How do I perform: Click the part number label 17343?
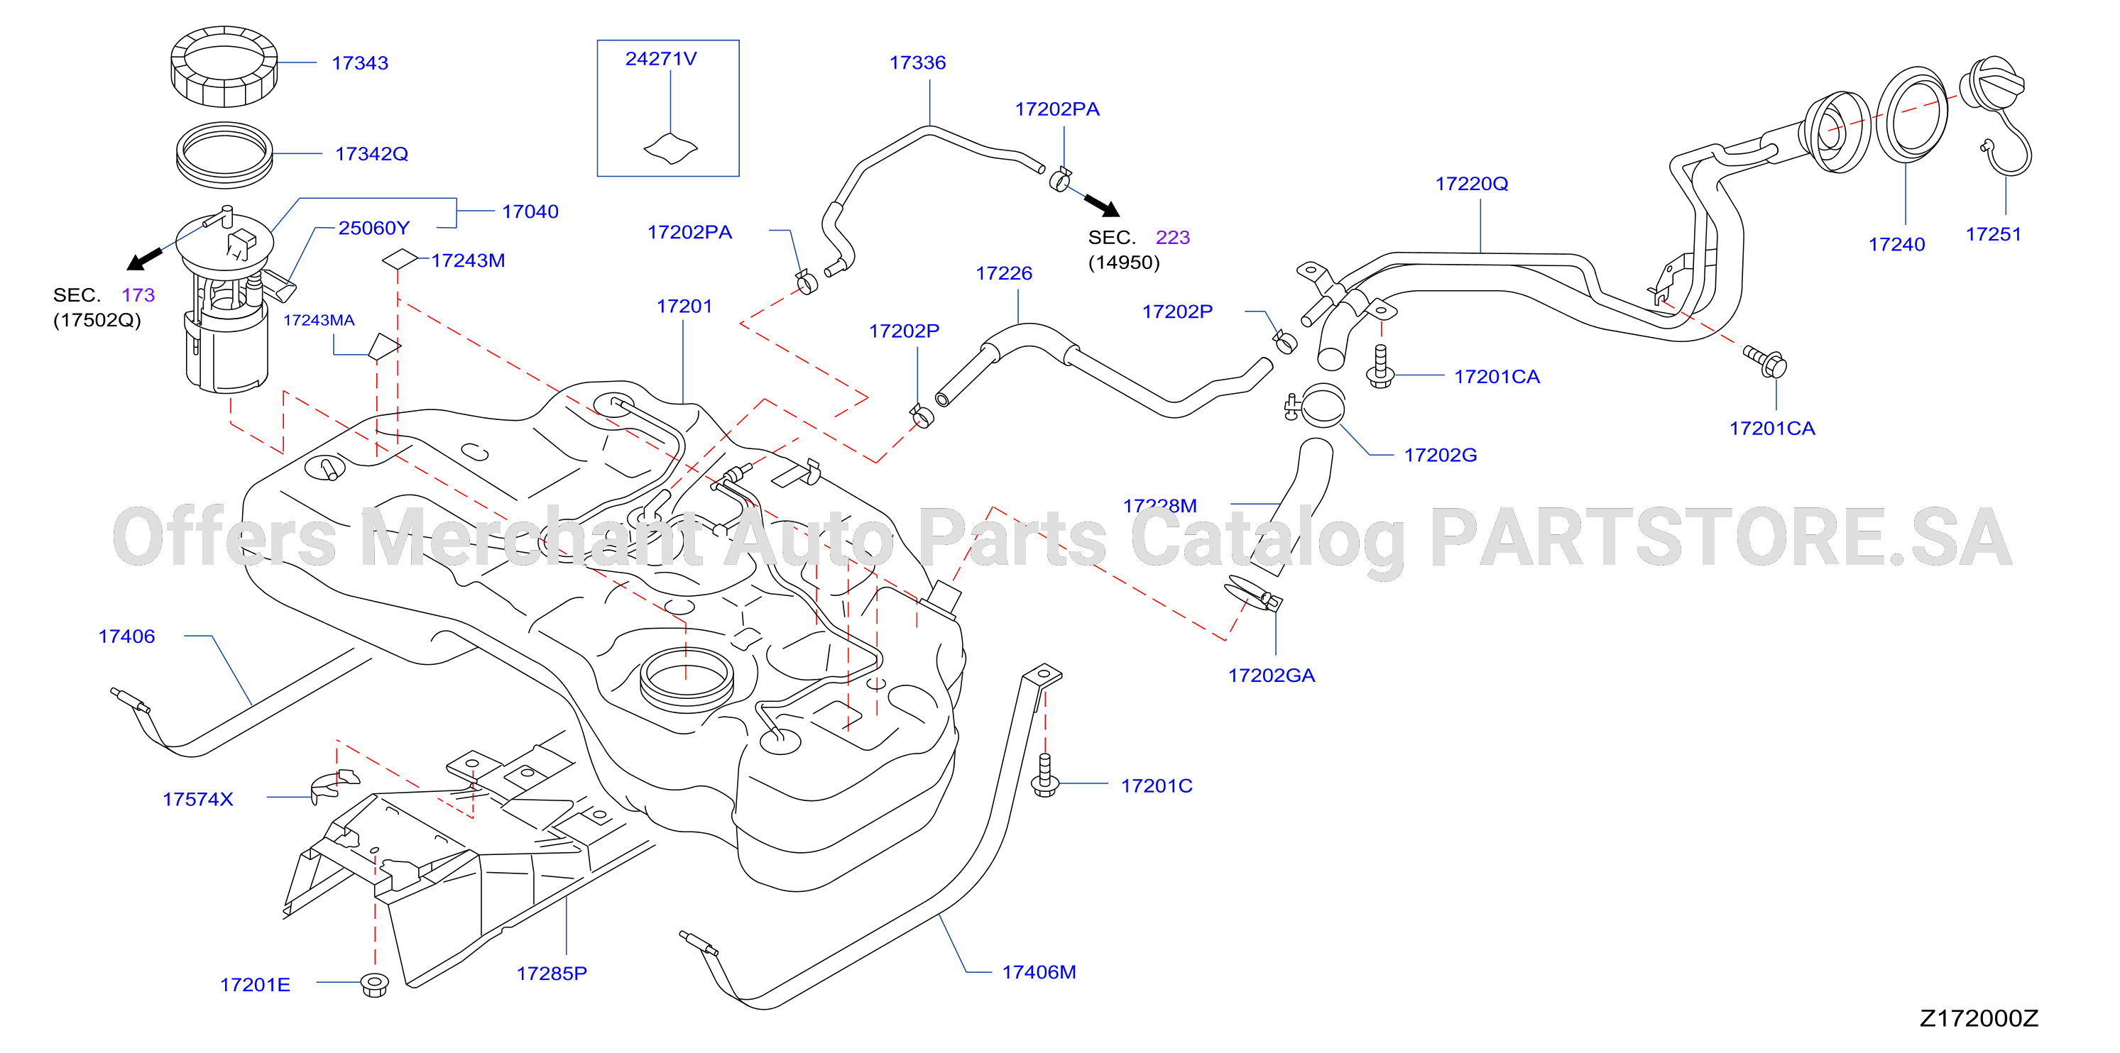pyautogui.click(x=360, y=63)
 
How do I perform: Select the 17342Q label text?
pyautogui.click(x=371, y=154)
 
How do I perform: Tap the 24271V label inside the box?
pyautogui.click(x=661, y=58)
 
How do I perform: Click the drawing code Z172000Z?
pyautogui.click(x=1979, y=1018)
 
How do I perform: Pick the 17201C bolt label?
pyautogui.click(x=1157, y=785)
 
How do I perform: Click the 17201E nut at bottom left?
pyautogui.click(x=376, y=984)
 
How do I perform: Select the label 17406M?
pyautogui.click(x=1039, y=971)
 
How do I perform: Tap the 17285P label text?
pyautogui.click(x=552, y=974)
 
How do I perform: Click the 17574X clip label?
pyautogui.click(x=197, y=799)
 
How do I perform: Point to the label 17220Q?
pyautogui.click(x=1472, y=184)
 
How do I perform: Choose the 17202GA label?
pyautogui.click(x=1272, y=676)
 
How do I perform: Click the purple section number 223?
pyautogui.click(x=1173, y=237)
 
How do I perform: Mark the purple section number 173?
pyautogui.click(x=138, y=294)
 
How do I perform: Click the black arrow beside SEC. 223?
pyautogui.click(x=1101, y=205)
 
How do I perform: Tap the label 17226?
pyautogui.click(x=1003, y=273)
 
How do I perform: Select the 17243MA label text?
pyautogui.click(x=319, y=320)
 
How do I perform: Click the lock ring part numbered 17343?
pyautogui.click(x=224, y=66)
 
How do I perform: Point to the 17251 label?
pyautogui.click(x=1993, y=234)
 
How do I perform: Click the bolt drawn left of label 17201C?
pyautogui.click(x=1045, y=776)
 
